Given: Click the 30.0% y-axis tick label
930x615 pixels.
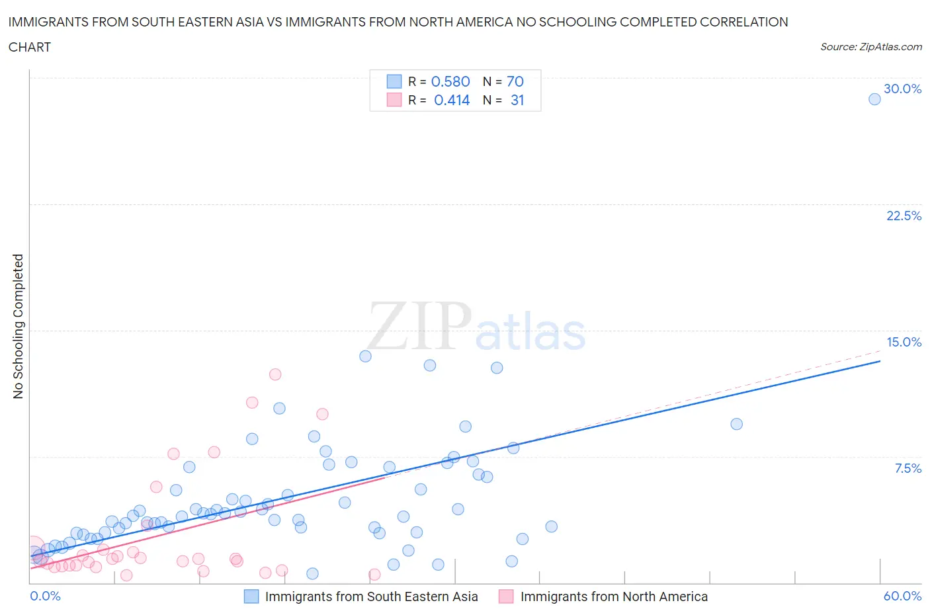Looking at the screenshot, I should [x=902, y=89].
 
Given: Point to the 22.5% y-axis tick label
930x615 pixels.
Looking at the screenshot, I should [x=904, y=216].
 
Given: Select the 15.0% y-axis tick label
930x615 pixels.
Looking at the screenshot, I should [x=904, y=342].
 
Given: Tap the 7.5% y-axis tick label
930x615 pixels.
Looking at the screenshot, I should [x=908, y=468].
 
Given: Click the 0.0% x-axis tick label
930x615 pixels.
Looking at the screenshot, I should [x=45, y=596].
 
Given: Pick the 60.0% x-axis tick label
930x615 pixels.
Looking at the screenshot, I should [x=902, y=596].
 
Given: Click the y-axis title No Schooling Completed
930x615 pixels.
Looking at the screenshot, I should [x=18, y=326].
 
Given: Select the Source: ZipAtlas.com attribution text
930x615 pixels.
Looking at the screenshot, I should [x=870, y=47].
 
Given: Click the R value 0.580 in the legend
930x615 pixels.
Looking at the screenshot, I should [x=450, y=81].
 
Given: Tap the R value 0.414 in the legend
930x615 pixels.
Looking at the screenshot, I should [x=452, y=100].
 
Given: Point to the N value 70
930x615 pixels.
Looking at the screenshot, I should [x=515, y=81].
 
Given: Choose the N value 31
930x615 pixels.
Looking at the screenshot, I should [x=517, y=100].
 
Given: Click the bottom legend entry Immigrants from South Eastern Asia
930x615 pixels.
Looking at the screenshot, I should [x=370, y=596].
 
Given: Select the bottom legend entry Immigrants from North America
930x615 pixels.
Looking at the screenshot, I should [x=613, y=596].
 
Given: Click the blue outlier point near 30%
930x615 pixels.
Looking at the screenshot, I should [x=874, y=99].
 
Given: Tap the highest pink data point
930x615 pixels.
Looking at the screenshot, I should [x=275, y=374].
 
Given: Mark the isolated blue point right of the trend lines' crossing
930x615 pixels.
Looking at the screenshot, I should [x=736, y=424].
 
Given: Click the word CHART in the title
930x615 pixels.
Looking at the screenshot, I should [x=30, y=47].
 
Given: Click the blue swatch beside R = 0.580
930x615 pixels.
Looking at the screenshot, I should [x=394, y=81].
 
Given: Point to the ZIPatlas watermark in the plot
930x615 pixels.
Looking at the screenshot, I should [x=476, y=327].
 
